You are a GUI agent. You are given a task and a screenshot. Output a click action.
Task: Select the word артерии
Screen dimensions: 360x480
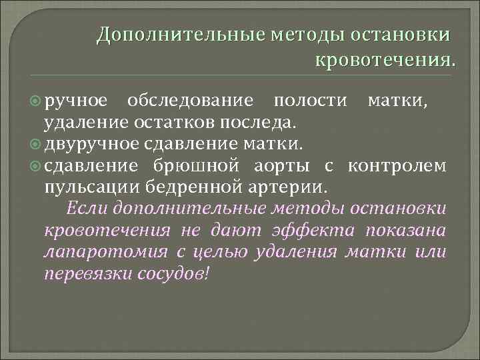coord(293,185)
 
